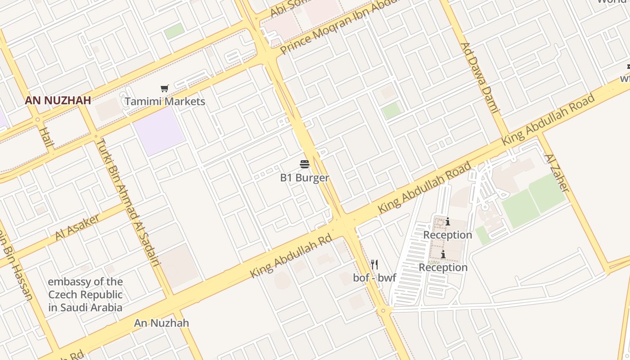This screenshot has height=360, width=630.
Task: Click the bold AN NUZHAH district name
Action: click(58, 100)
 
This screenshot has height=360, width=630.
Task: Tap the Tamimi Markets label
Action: click(165, 101)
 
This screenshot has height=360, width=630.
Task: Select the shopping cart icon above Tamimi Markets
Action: click(164, 89)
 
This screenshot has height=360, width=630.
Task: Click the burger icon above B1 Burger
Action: click(304, 164)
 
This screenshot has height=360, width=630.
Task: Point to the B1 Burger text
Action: click(304, 178)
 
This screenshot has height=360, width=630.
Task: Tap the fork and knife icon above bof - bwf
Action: click(374, 264)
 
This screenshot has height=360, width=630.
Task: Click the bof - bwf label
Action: click(374, 278)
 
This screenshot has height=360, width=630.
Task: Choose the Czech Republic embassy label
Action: click(85, 295)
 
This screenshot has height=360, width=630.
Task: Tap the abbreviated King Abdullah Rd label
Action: click(291, 255)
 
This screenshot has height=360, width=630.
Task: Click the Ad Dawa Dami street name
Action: click(480, 77)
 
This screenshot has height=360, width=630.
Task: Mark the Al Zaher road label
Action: click(557, 172)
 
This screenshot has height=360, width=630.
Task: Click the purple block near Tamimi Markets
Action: click(158, 130)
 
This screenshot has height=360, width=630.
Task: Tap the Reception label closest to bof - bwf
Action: click(443, 268)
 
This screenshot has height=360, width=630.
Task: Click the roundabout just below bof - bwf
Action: click(383, 310)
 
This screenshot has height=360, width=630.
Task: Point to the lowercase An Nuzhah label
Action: click(162, 323)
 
